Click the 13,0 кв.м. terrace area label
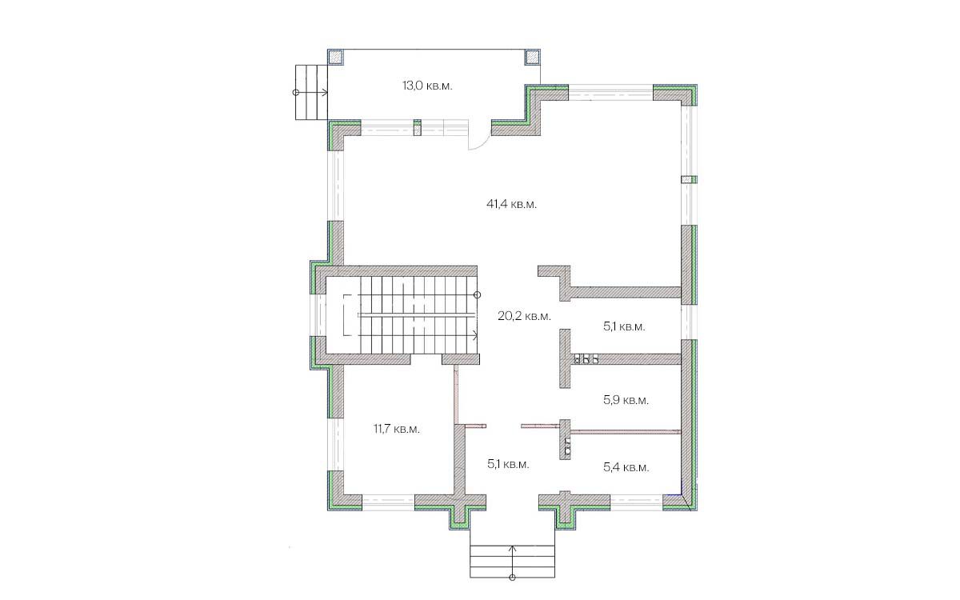tap(427, 86)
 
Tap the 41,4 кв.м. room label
tap(511, 204)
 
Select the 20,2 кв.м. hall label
tap(524, 316)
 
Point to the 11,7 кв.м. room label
tap(397, 429)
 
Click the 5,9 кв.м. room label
tap(626, 400)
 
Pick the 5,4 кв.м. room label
tap(626, 466)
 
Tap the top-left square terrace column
tap(335, 57)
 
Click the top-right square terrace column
tap(533, 57)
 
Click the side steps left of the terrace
tap(311, 92)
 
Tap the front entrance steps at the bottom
tap(512, 562)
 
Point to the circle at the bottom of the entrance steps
tap(512, 578)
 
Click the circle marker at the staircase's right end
tap(478, 295)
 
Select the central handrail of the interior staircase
tap(417, 315)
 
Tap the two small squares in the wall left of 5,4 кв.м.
tap(567, 446)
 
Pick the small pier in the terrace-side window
tap(418, 128)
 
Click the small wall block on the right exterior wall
tap(689, 179)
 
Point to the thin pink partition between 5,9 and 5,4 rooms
tap(626, 432)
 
